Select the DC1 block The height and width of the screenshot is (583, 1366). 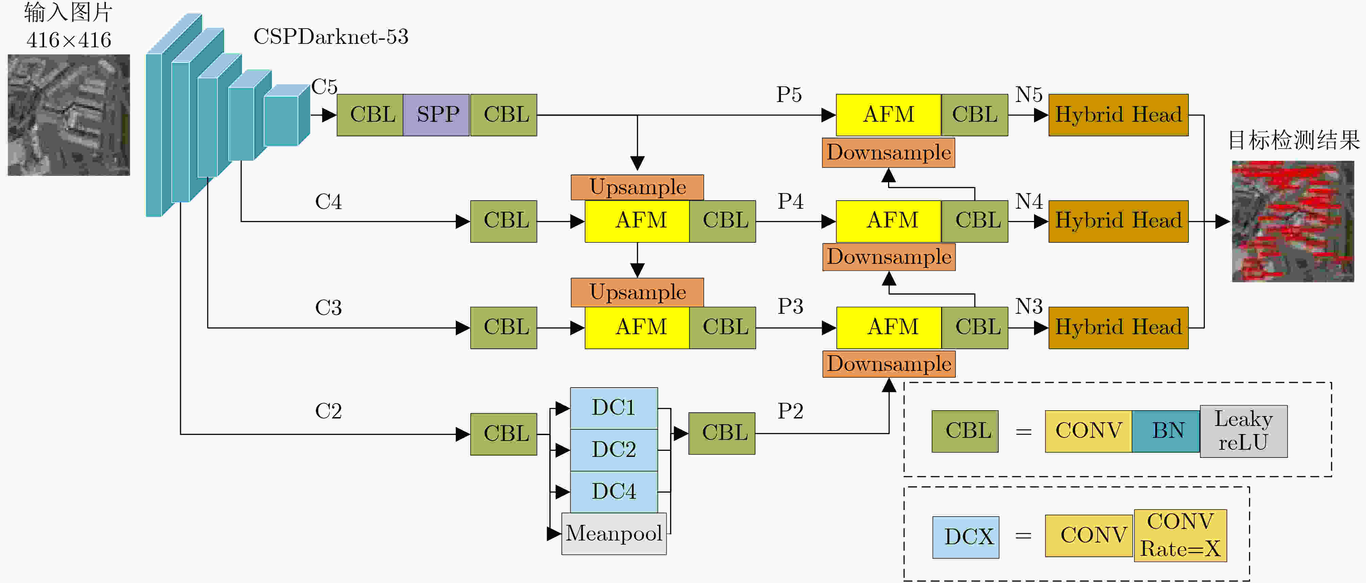click(x=614, y=408)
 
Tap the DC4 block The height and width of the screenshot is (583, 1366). click(x=614, y=491)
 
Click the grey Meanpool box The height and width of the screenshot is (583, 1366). click(x=614, y=533)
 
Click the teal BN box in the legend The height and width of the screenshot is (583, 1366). click(x=1166, y=431)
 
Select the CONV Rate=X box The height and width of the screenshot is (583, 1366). click(x=1180, y=535)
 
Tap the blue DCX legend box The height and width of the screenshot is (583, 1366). click(x=966, y=537)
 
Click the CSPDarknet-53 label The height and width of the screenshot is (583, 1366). click(x=331, y=37)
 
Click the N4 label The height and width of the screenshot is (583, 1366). click(x=1029, y=201)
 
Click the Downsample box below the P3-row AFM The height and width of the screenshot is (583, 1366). click(x=889, y=364)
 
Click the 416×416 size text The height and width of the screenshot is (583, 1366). click(x=69, y=40)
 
